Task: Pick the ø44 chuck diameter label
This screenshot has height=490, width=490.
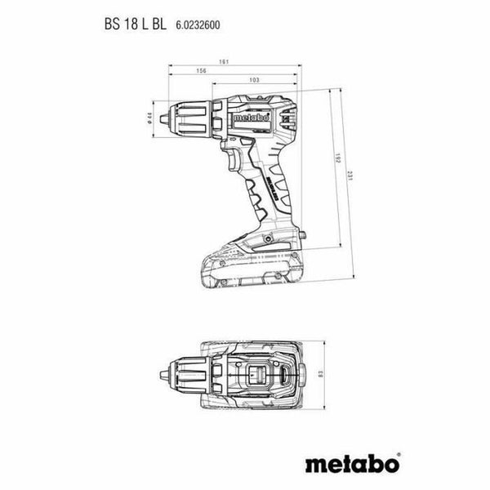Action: (x=149, y=119)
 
